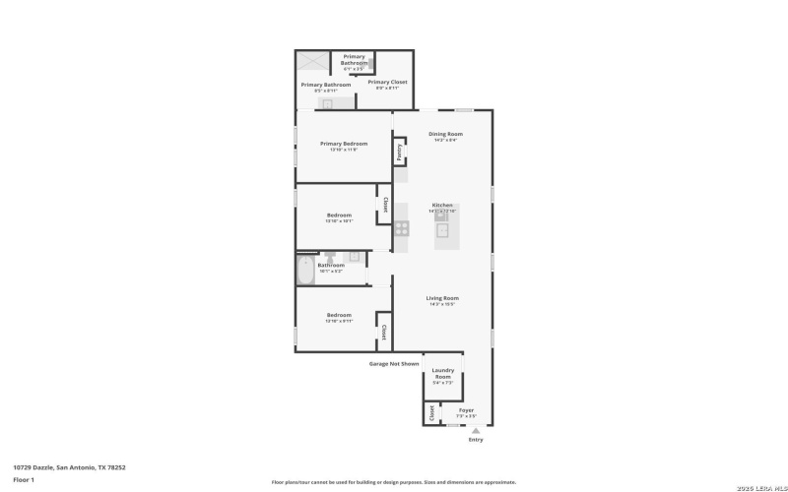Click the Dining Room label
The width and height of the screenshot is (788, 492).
[445, 134]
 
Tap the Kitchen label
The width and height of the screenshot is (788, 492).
[442, 205]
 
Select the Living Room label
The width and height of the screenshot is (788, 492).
[442, 297]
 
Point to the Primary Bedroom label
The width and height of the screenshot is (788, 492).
[344, 143]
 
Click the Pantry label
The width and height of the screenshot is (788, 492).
[399, 152]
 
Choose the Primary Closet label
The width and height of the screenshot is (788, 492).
[387, 82]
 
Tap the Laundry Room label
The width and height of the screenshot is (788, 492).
[443, 373]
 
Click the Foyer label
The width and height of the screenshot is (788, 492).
[466, 409]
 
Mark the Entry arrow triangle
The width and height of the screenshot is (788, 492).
[477, 430]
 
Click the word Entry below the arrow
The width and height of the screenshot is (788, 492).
[477, 440]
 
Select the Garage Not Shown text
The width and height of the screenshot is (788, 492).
[394, 363]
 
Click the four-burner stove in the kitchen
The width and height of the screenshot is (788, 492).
[402, 228]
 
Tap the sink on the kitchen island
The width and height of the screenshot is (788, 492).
[442, 231]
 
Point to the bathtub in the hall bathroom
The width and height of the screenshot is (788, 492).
[305, 270]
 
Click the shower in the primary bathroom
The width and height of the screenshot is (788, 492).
[313, 62]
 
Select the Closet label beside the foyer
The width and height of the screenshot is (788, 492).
[431, 413]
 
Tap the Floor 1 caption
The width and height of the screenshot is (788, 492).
[24, 479]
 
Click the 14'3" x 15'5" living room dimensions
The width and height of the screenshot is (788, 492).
[442, 304]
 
